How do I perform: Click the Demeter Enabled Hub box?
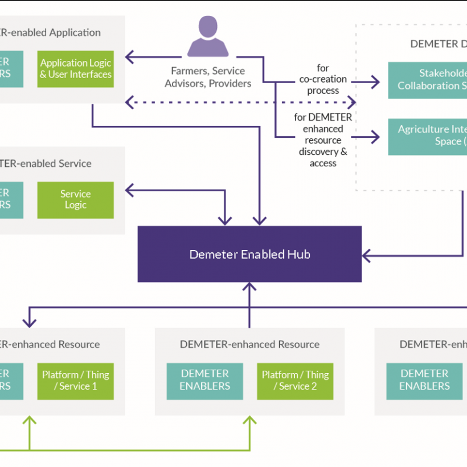[x=249, y=254]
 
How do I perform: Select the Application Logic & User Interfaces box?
[x=76, y=69]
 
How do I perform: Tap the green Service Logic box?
[x=76, y=200]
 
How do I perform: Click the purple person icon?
[x=208, y=37]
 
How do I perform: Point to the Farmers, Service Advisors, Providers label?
[x=208, y=77]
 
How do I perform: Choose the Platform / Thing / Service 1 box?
[x=76, y=380]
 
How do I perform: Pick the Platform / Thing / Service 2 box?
[x=295, y=380]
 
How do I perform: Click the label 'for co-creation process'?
[x=323, y=80]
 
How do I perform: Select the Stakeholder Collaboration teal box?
[x=427, y=80]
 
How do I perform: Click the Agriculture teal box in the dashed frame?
[x=427, y=136]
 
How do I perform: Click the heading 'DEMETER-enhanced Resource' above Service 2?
[x=249, y=345]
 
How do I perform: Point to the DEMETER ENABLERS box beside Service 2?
[x=204, y=380]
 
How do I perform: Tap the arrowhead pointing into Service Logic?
[x=129, y=190]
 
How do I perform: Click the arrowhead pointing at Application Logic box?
[x=129, y=56]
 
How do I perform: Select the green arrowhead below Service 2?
[x=249, y=421]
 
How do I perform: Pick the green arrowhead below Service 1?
[x=29, y=421]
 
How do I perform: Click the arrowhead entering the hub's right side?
[x=366, y=256]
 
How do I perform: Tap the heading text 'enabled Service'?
[x=54, y=164]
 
